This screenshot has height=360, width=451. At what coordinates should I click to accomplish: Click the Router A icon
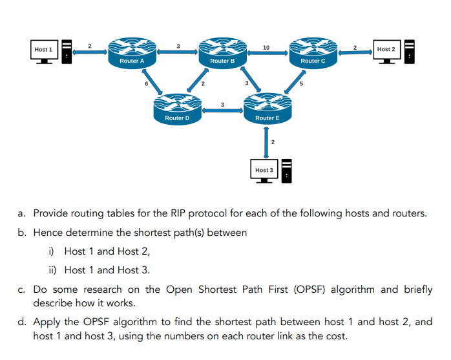click(132, 52)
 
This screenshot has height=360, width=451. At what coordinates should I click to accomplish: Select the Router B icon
click(222, 52)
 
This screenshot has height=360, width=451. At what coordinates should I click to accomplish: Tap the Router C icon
click(313, 52)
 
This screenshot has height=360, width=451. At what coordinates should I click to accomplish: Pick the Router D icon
click(177, 109)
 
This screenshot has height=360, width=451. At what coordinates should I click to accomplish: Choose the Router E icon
click(267, 109)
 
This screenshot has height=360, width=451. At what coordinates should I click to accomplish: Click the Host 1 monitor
click(44, 51)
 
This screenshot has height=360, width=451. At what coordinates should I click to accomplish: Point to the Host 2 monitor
click(386, 51)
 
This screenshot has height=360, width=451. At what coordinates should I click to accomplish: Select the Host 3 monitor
click(264, 171)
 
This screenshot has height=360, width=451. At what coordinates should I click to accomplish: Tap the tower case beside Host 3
click(288, 171)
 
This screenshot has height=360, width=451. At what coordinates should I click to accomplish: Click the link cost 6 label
click(146, 85)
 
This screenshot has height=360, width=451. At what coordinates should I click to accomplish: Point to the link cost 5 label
click(300, 85)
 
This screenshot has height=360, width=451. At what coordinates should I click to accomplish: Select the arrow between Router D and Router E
click(222, 111)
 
